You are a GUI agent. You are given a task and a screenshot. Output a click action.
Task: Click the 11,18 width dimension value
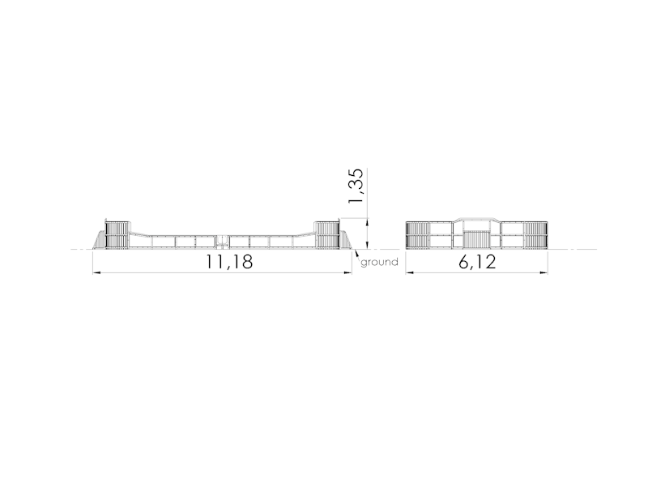229,262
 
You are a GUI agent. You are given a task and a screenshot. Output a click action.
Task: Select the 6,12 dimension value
477,262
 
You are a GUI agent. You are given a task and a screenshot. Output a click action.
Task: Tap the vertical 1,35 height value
356,186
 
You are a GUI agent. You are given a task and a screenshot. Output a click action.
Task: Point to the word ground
379,263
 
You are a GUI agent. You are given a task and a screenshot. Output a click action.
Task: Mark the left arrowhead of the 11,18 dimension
96,272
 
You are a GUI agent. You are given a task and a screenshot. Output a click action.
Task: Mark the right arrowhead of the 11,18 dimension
347,272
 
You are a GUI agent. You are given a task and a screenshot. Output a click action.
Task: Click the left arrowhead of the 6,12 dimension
410,272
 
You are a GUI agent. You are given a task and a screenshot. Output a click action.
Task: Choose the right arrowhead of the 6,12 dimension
544,272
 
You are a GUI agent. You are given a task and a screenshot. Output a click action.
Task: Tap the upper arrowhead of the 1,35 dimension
368,223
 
